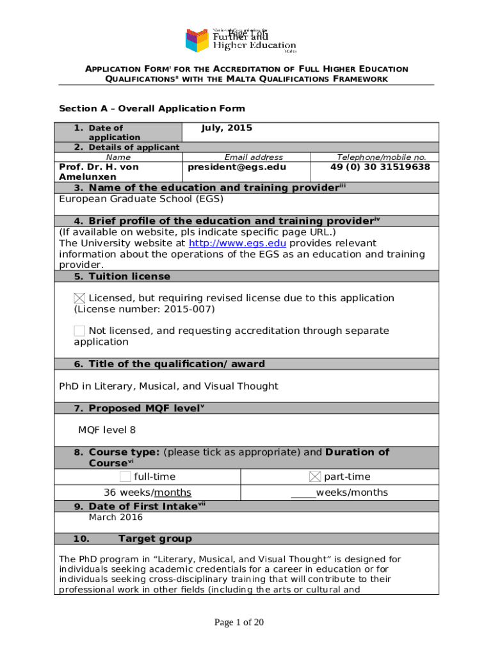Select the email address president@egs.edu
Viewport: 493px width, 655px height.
(237, 167)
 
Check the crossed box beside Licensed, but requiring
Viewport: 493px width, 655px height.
(79, 298)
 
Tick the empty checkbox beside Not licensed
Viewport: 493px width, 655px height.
(79, 331)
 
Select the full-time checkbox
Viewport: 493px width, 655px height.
(125, 477)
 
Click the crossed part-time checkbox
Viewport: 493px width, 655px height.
(315, 477)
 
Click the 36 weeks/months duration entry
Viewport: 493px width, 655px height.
(148, 493)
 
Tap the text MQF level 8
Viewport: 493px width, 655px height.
(107, 430)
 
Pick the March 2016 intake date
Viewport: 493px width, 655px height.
(116, 517)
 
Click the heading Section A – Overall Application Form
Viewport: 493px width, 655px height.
(152, 109)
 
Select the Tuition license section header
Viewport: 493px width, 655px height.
(129, 276)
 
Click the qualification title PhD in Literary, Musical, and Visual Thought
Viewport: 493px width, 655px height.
(168, 386)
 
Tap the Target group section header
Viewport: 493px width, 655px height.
(155, 539)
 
